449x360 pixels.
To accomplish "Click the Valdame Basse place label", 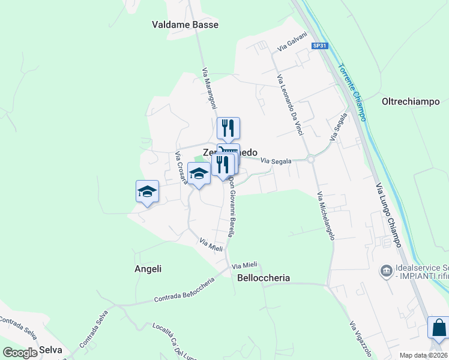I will (185, 25).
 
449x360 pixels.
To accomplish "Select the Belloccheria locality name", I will (264, 278).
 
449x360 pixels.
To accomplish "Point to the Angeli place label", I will (148, 269).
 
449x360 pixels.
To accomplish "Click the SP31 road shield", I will (319, 46).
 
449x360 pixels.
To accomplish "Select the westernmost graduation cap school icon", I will (147, 191).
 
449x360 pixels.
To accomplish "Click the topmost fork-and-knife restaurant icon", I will (228, 128).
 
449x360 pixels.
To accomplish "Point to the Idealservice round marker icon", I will (387, 272).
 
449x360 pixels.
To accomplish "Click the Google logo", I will (20, 353).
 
